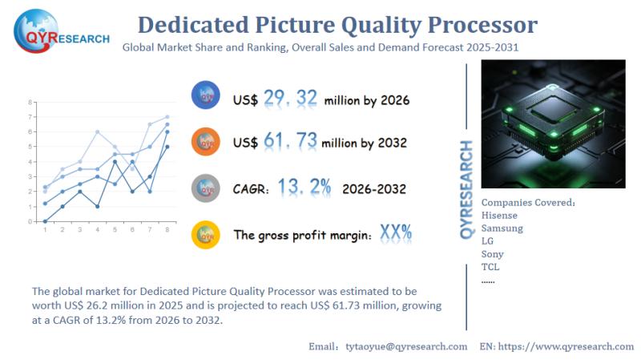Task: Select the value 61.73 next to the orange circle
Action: [x=288, y=143]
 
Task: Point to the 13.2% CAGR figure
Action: [x=304, y=188]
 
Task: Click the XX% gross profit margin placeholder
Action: [x=396, y=234]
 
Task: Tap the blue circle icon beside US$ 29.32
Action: [x=206, y=95]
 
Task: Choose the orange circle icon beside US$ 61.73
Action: [x=206, y=141]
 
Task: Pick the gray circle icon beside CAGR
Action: [x=206, y=188]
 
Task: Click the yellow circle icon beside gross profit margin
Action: [x=206, y=234]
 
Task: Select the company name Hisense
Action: [x=499, y=215]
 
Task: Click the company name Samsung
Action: [x=502, y=228]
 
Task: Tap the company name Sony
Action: [x=493, y=253]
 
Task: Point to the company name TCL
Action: [x=490, y=266]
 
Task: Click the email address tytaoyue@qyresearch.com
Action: [x=405, y=346]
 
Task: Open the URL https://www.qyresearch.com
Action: [x=567, y=346]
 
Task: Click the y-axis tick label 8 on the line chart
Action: [x=30, y=103]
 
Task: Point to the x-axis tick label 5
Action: [x=115, y=229]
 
